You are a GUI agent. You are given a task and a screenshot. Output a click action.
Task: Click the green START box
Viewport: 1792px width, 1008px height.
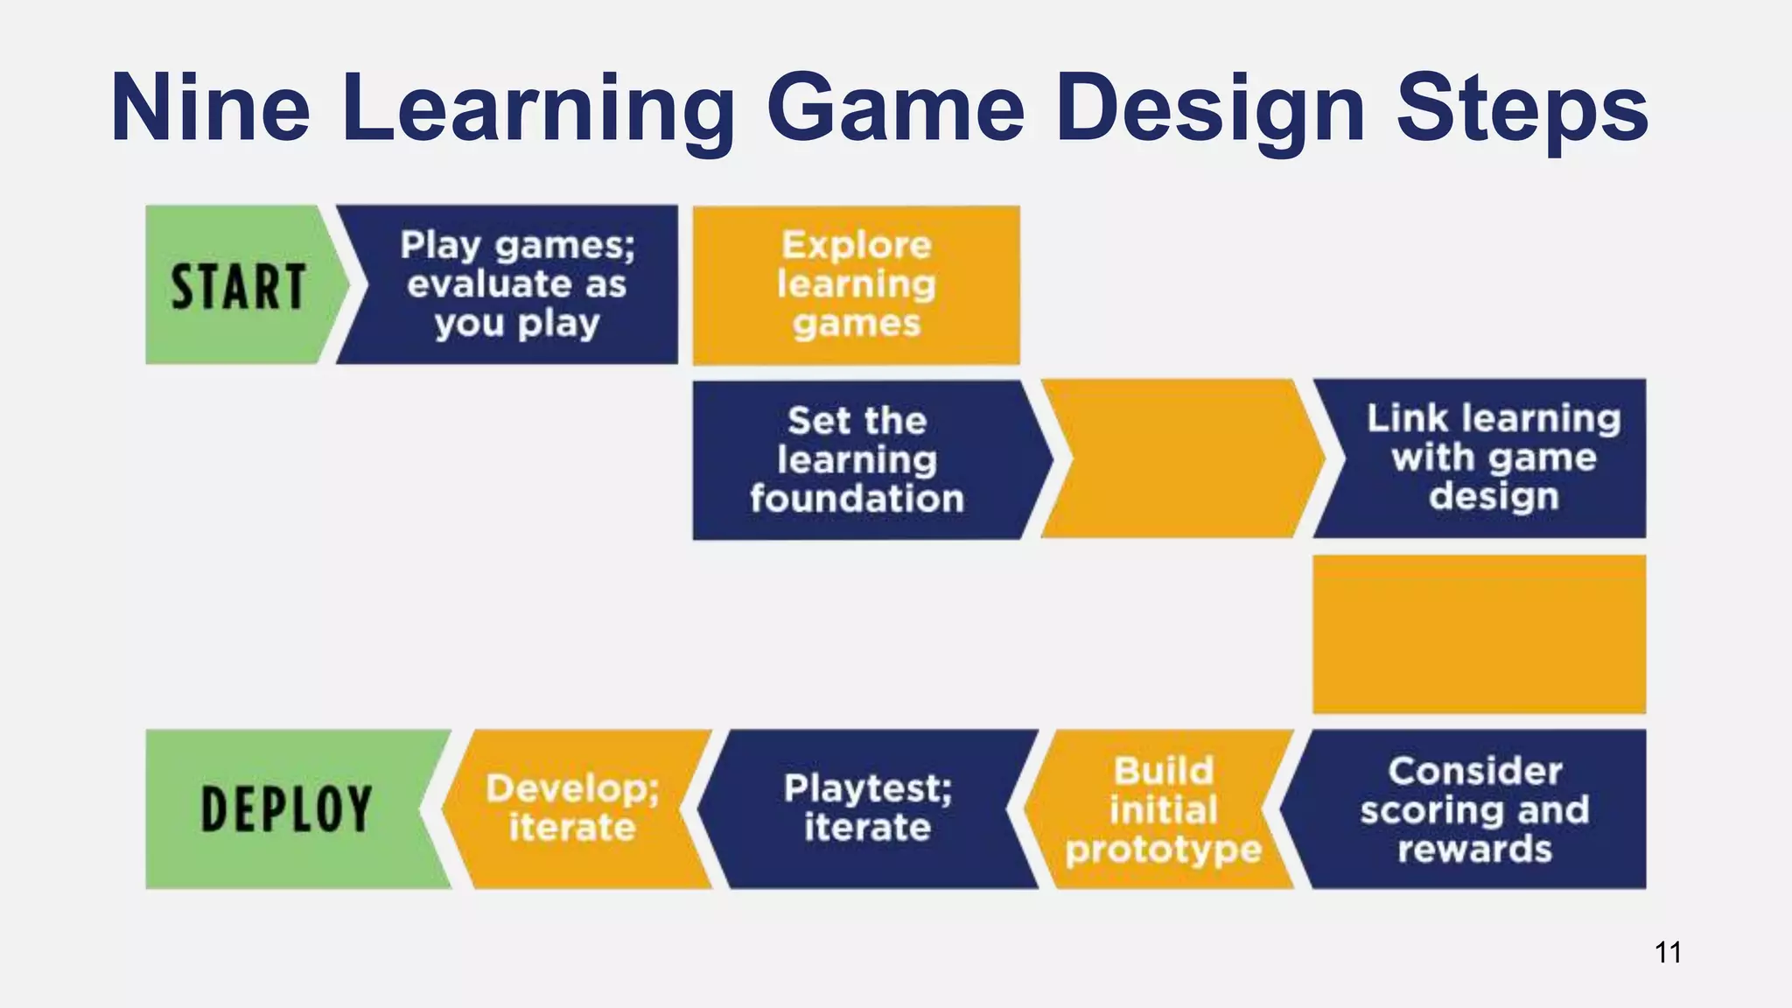(238, 286)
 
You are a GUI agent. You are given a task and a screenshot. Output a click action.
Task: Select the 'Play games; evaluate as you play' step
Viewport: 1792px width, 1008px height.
(516, 284)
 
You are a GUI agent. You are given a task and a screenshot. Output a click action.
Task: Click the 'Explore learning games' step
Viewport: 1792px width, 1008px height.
(856, 284)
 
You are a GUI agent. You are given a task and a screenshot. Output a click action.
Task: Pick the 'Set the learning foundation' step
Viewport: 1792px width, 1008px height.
(857, 459)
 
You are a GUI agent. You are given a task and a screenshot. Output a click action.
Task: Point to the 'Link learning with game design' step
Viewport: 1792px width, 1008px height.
(1493, 458)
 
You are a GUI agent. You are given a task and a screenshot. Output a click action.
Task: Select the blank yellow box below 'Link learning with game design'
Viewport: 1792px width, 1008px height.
(1479, 633)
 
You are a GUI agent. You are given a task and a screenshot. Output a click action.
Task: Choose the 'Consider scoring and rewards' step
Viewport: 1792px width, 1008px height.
(1475, 809)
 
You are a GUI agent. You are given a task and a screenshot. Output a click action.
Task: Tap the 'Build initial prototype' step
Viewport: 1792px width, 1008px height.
(1163, 809)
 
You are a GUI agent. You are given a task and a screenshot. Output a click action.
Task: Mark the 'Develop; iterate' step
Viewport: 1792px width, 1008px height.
(573, 808)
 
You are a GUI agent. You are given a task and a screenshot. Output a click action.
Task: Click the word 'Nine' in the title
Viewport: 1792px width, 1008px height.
(210, 108)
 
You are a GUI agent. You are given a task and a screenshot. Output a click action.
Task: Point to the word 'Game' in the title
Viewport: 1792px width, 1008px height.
(895, 108)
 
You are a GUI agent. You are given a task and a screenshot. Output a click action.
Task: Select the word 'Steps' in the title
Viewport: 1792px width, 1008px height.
(1522, 108)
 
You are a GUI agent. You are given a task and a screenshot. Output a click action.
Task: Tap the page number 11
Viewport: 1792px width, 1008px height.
(1668, 952)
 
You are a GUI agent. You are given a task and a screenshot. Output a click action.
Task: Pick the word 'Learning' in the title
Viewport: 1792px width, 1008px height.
(537, 108)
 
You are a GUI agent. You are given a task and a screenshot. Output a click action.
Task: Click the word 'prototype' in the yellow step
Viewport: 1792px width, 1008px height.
(1163, 849)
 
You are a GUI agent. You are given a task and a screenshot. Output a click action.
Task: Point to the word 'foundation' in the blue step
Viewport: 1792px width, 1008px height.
(857, 499)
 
